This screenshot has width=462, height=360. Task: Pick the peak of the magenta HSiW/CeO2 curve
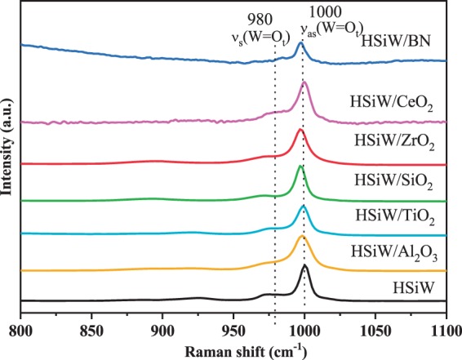point(304,82)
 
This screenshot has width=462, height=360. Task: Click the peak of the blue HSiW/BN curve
point(300,43)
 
